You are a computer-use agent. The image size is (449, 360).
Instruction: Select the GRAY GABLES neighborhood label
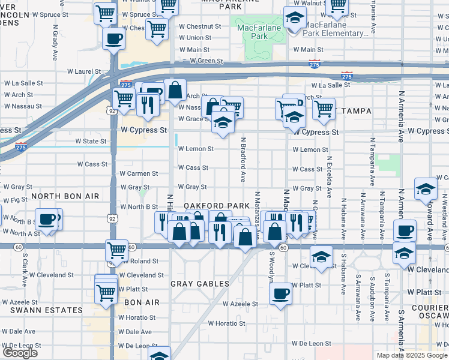tap(200, 283)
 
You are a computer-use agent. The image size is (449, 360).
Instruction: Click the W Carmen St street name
tap(139, 173)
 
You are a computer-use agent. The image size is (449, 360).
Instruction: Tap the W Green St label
tap(206, 61)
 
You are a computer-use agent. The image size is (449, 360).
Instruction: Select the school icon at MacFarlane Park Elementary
tap(294, 19)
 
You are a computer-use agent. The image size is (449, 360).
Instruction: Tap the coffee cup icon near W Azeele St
tap(280, 294)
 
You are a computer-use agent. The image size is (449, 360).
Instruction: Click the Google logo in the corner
tap(20, 353)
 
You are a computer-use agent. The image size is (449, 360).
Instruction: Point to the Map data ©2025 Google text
tap(411, 355)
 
